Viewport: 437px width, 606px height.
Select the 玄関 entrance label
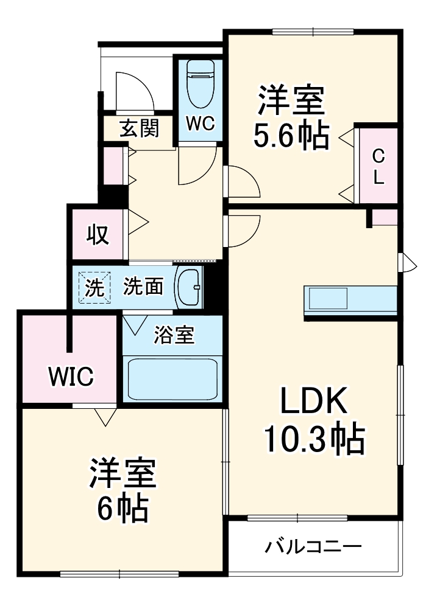click(x=139, y=129)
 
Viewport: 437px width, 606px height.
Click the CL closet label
click(x=378, y=166)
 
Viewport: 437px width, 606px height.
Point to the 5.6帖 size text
click(x=291, y=136)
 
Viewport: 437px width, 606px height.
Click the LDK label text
click(x=313, y=402)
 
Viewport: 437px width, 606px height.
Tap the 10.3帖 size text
click(x=313, y=438)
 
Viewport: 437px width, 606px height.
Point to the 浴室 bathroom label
click(x=174, y=335)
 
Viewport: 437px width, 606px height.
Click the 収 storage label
click(x=97, y=234)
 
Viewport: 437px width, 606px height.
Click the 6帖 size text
click(x=123, y=510)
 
